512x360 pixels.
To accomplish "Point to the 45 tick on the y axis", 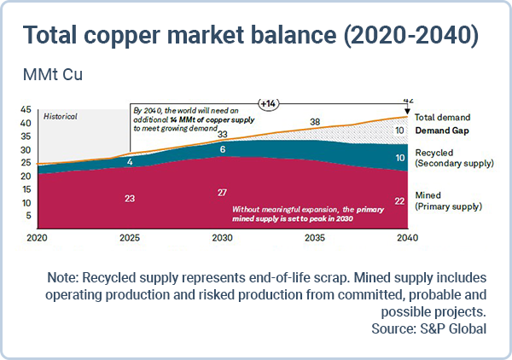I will (26, 109).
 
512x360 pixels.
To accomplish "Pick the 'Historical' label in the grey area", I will (61, 115).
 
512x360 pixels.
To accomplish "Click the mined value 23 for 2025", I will (130, 198).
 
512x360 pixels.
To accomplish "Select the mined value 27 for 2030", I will (221, 192).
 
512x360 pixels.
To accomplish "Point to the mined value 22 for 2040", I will (399, 200).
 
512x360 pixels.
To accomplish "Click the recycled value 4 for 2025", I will (130, 161).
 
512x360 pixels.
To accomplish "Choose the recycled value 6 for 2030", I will (223, 149).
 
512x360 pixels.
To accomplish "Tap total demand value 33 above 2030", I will (222, 134).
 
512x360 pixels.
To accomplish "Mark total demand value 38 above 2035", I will (314, 122).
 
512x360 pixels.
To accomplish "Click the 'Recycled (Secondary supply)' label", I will (452, 158).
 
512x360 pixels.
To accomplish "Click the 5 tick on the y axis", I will (28, 214).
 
